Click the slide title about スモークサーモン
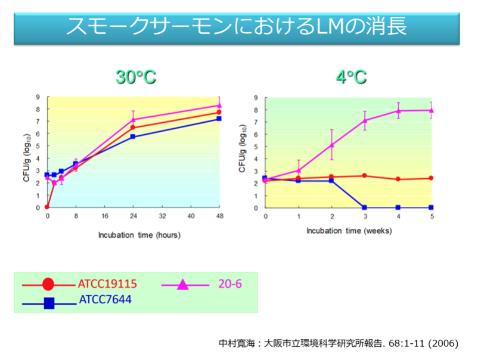point(237,26)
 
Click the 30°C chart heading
point(136,77)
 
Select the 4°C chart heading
point(351,77)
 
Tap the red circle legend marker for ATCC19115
point(48,284)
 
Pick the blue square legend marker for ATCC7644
point(49,303)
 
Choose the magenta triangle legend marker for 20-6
point(183,284)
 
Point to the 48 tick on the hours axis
point(219,216)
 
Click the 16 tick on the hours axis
point(105,216)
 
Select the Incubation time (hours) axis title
point(139,235)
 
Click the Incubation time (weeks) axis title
point(348,230)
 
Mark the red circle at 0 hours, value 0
point(47,207)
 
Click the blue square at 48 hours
point(219,119)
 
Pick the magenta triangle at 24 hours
point(134,120)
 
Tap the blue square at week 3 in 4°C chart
point(365,207)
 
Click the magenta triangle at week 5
point(431,110)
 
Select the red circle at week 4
point(398,179)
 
